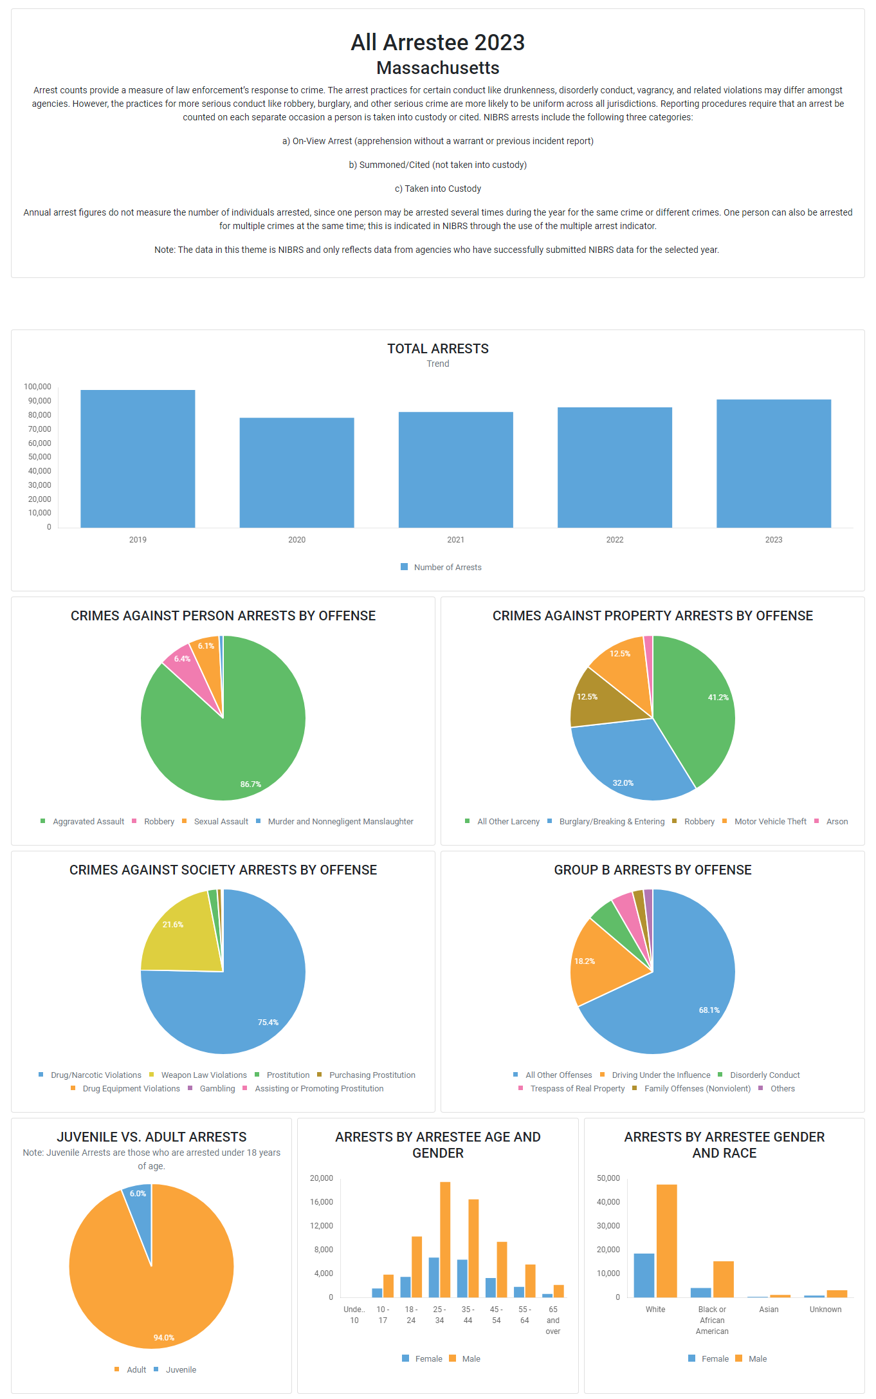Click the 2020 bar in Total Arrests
[297, 472]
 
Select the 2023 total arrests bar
[773, 463]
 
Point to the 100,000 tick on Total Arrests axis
[37, 387]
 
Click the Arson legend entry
[836, 822]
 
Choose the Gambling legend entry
[217, 1089]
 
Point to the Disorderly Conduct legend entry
[764, 1075]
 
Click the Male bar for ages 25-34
[445, 1239]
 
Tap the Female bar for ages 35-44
[462, 1278]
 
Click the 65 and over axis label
[553, 1320]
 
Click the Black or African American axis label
[712, 1320]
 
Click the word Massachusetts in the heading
[437, 68]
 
